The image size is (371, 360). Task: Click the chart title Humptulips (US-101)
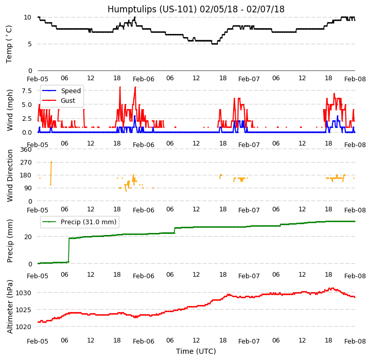pyautogui.click(x=196, y=9)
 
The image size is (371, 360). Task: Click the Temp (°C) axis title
pyautogui.click(x=9, y=44)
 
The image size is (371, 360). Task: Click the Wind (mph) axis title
pyautogui.click(x=10, y=110)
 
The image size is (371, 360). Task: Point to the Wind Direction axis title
pyautogui.click(x=10, y=175)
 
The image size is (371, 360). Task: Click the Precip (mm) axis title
pyautogui.click(x=10, y=241)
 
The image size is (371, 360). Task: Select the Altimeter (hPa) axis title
pyautogui.click(x=10, y=306)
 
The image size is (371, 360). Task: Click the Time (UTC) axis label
pyautogui.click(x=196, y=352)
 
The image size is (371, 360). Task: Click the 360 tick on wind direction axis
pyautogui.click(x=26, y=150)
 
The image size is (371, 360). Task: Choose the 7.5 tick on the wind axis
pyautogui.click(x=26, y=91)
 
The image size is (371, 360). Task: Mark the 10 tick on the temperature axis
pyautogui.click(x=28, y=17)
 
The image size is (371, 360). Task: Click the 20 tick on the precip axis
pyautogui.click(x=28, y=237)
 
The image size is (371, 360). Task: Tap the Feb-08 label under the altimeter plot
pyautogui.click(x=355, y=341)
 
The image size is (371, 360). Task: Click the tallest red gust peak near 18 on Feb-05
pyautogui.click(x=120, y=87)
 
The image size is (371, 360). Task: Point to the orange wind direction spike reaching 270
pyautogui.click(x=51, y=163)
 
